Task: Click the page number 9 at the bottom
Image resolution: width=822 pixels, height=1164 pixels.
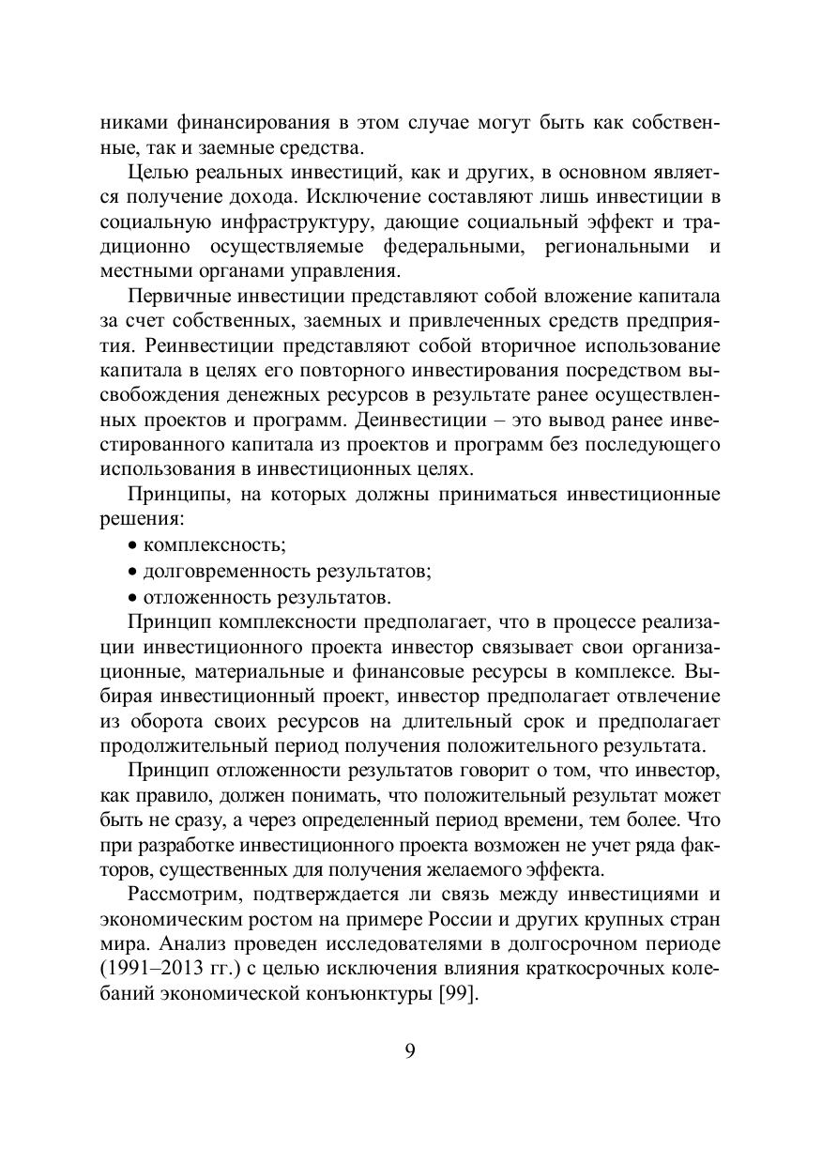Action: (x=410, y=1049)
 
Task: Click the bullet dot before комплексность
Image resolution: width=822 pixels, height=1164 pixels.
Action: (x=132, y=546)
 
